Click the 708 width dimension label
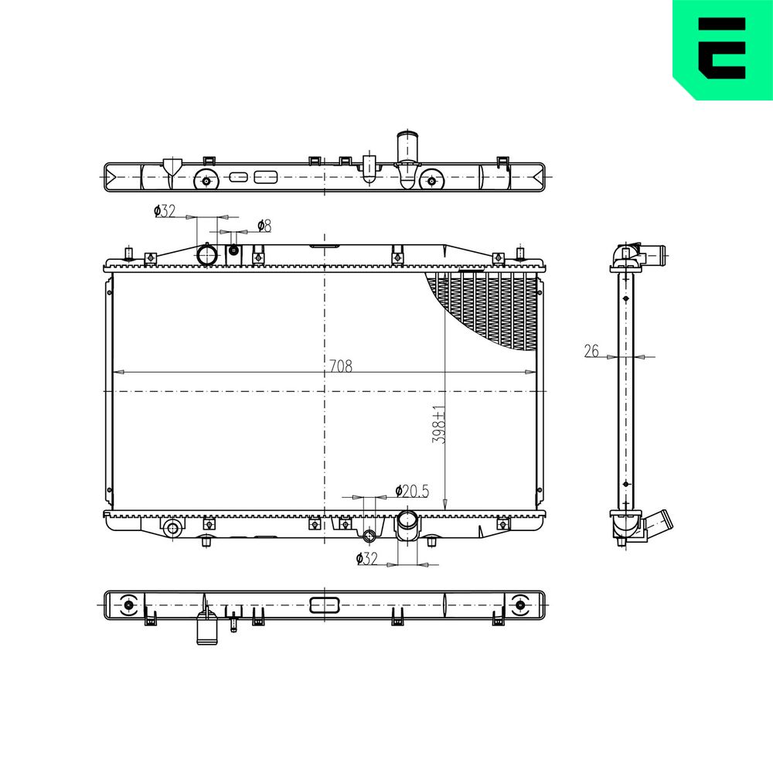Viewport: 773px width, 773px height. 341,366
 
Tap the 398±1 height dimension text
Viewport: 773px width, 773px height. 439,424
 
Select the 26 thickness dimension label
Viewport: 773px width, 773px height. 591,351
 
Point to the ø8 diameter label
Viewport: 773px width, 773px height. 264,226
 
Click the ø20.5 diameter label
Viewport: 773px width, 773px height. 412,491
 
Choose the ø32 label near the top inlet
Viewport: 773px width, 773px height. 165,211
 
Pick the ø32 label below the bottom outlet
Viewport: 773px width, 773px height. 366,559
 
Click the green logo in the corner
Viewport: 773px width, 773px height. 723,49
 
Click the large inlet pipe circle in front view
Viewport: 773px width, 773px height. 207,255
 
